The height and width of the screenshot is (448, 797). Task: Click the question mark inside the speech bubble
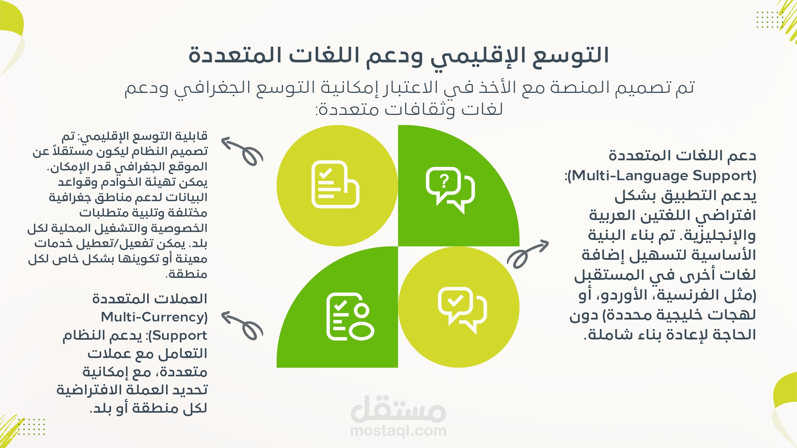pyautogui.click(x=444, y=182)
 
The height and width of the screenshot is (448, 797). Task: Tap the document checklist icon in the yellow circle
pyautogui.click(x=335, y=184)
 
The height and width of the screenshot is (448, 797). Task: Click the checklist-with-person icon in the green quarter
pyautogui.click(x=350, y=316)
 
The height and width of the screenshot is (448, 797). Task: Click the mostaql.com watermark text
pyautogui.click(x=398, y=431)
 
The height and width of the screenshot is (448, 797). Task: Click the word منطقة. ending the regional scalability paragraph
pyautogui.click(x=186, y=274)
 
